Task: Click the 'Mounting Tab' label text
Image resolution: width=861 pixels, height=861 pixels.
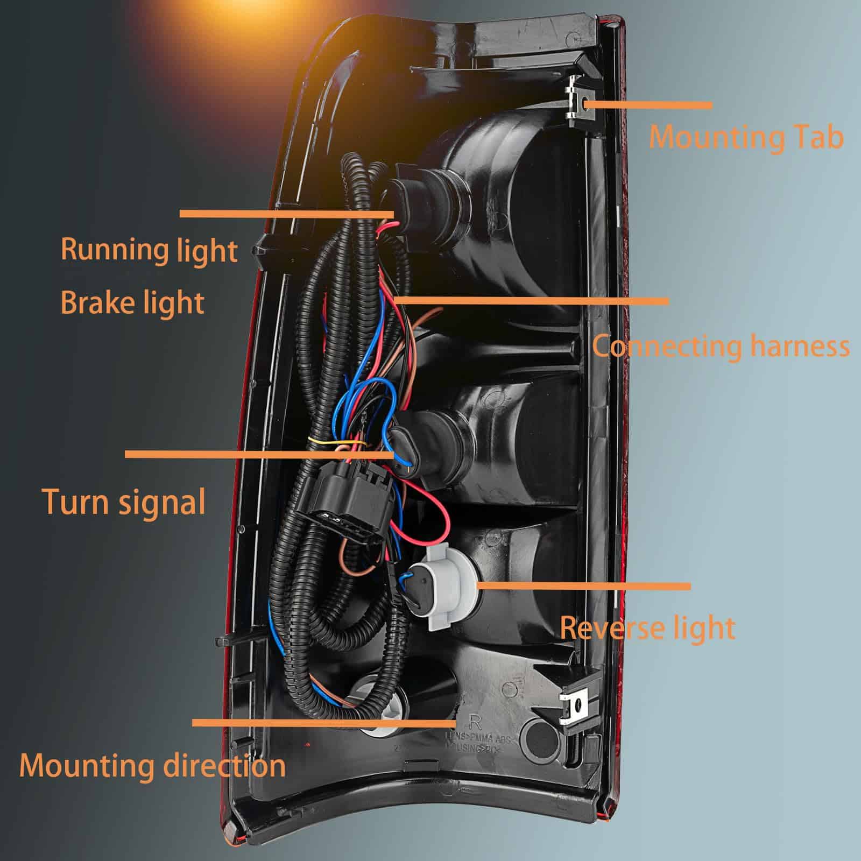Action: (x=745, y=137)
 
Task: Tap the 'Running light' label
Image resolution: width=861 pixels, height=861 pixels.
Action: (x=149, y=250)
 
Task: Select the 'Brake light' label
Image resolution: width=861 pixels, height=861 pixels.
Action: (x=132, y=302)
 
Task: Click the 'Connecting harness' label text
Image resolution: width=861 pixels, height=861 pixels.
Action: (x=721, y=346)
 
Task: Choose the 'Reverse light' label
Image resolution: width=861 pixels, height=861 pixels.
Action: (x=647, y=627)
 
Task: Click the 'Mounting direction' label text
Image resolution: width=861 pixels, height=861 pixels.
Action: (x=152, y=765)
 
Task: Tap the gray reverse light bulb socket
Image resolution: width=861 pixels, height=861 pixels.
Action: (x=444, y=589)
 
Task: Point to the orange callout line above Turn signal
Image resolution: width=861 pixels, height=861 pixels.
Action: (x=258, y=454)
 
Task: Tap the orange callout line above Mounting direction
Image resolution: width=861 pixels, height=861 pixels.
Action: (x=323, y=723)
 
